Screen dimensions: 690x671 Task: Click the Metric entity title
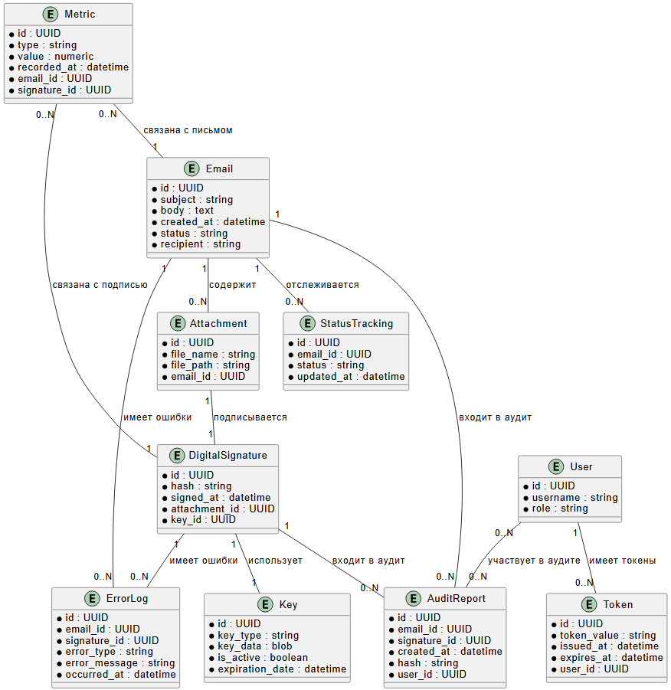coord(80,15)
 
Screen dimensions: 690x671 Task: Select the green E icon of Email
coord(191,169)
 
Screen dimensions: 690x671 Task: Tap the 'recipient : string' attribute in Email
coord(200,244)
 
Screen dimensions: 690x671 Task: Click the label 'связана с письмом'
coord(188,130)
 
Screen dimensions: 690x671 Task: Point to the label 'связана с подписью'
coord(100,285)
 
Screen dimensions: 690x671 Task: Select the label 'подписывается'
coord(250,417)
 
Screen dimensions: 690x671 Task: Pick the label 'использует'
coord(275,561)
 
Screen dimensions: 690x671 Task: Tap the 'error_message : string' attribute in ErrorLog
coord(119,663)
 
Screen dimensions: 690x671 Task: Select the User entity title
coord(581,466)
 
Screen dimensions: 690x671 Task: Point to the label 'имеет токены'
coord(622,561)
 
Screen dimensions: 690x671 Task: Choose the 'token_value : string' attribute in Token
coord(603,635)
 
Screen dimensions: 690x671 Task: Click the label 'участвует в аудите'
coord(534,561)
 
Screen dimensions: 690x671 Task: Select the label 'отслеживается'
coord(322,285)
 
